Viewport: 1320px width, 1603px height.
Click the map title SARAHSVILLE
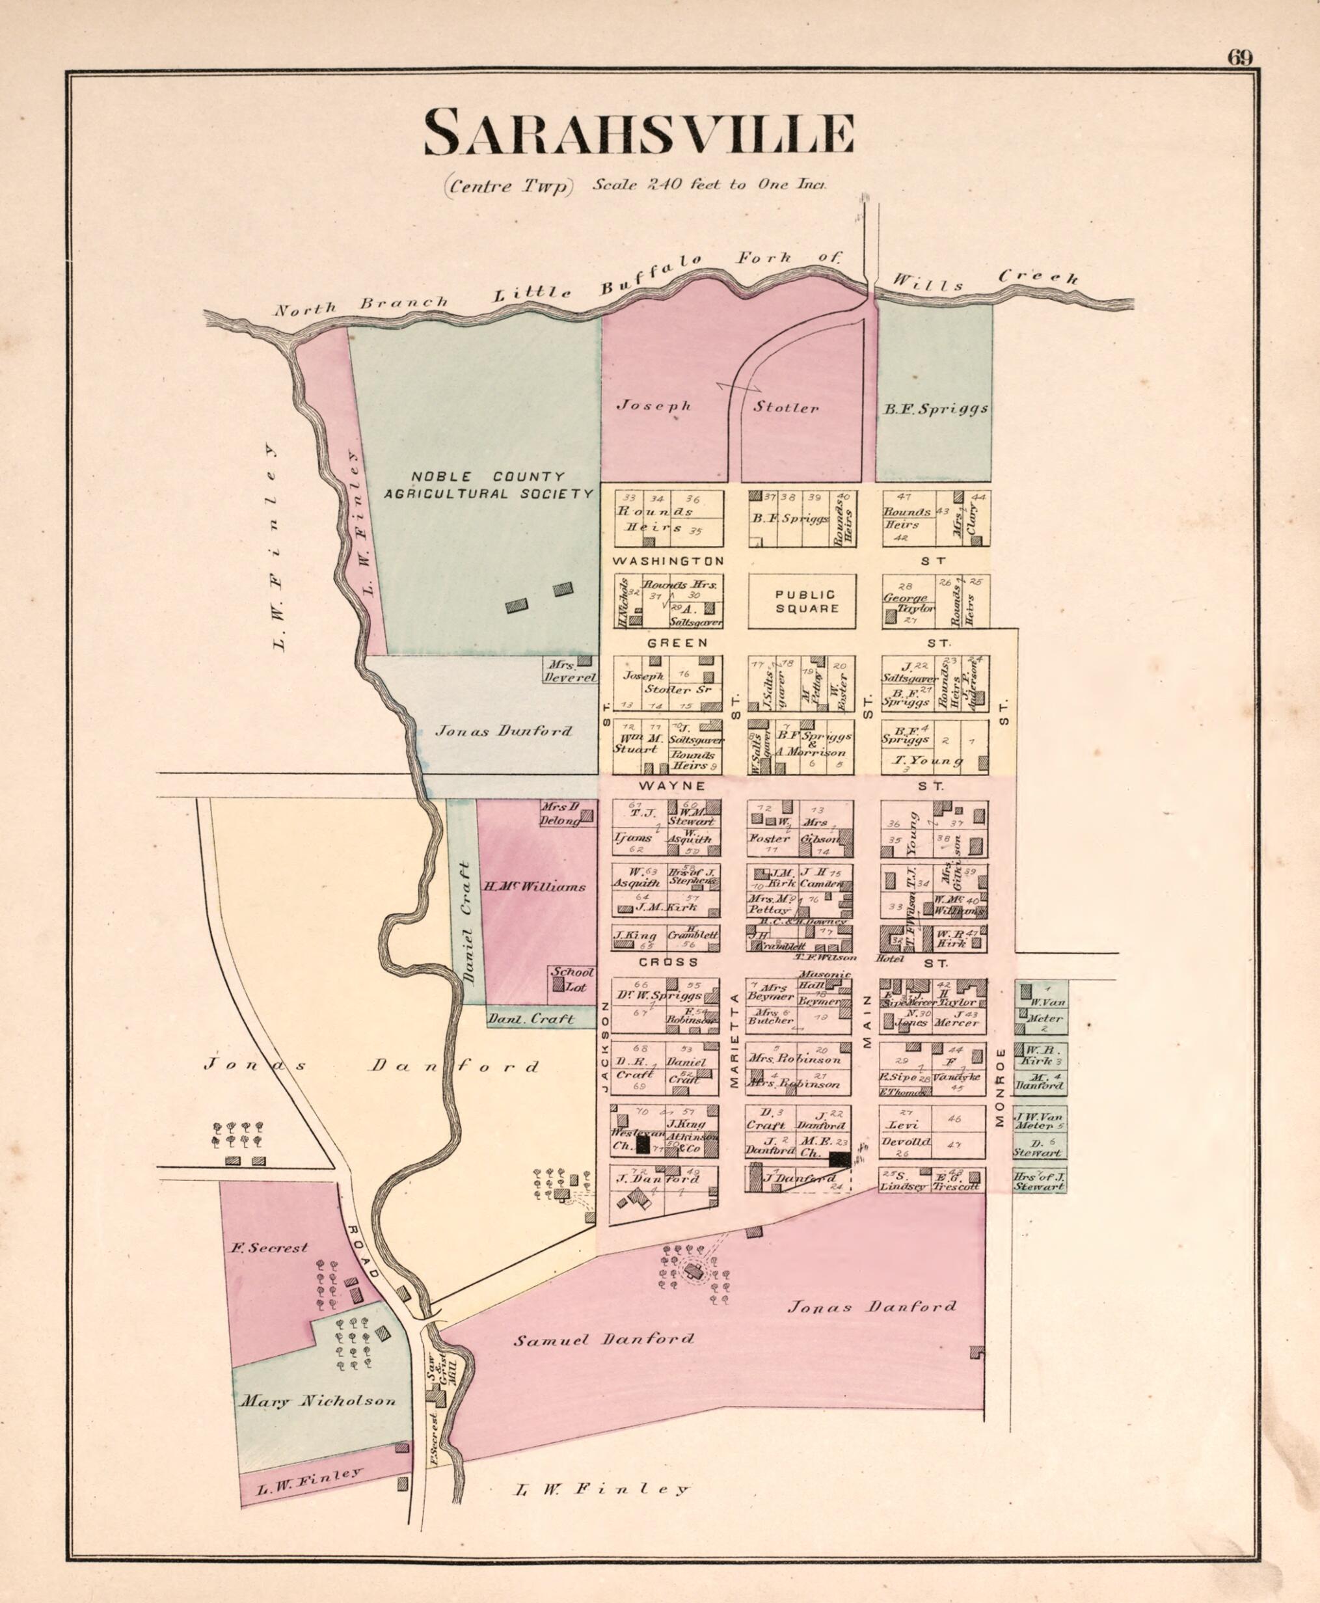pos(639,133)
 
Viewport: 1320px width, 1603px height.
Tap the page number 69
pos(1239,58)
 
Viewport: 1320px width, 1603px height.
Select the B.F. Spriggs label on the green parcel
pos(936,409)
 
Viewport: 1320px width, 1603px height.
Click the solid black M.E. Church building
pos(839,1159)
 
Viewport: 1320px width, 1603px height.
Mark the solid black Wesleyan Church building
pos(643,1144)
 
